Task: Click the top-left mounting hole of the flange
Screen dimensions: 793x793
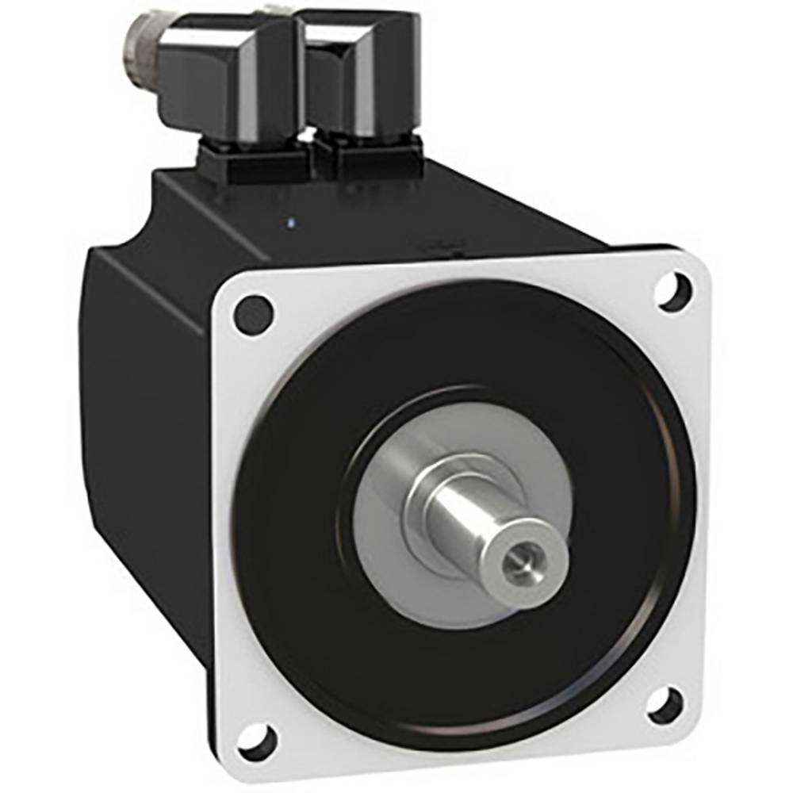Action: click(x=254, y=312)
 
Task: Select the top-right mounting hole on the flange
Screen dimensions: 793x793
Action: click(x=673, y=290)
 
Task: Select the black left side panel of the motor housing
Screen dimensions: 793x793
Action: click(x=143, y=412)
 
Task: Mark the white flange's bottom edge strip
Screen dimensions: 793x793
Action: click(x=476, y=749)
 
